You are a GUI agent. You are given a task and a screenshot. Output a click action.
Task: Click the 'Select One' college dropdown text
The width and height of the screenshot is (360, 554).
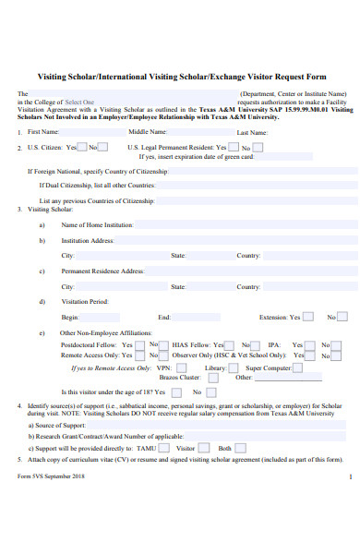(79, 102)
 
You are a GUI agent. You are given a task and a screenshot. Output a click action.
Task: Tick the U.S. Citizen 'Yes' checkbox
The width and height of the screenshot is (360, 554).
(81, 146)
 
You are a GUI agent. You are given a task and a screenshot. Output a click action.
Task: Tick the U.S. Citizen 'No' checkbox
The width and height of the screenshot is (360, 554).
(102, 146)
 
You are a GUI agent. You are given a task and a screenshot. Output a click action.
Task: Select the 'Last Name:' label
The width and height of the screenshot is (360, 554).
(252, 132)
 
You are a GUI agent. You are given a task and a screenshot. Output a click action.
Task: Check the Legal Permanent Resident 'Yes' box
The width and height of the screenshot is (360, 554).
(233, 146)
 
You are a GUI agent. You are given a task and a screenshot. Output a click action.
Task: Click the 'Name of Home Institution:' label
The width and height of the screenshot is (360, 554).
(98, 224)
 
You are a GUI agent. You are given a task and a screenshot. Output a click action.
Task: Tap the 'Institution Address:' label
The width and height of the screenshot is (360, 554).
(88, 240)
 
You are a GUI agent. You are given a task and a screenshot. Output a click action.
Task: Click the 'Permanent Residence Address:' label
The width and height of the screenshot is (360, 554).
(102, 271)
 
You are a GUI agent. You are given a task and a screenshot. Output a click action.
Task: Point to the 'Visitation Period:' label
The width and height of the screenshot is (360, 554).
(85, 301)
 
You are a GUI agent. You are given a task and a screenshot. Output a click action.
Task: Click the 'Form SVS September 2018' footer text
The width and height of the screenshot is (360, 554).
(51, 476)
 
